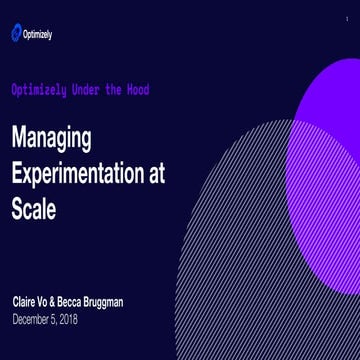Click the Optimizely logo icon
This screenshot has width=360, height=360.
tap(16, 34)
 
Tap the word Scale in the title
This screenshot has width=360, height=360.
tap(33, 209)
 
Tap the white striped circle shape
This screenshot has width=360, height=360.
tap(260, 250)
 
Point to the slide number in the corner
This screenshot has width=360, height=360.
tap(347, 18)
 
